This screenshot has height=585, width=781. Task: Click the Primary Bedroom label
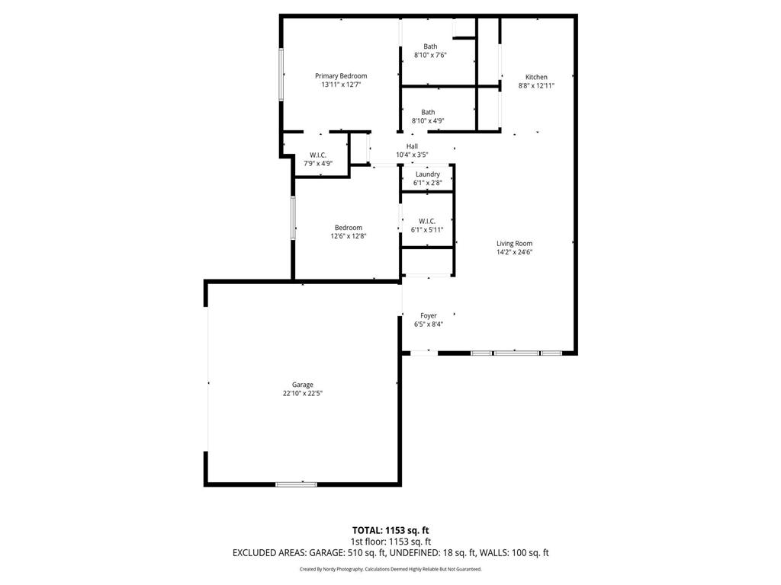(x=341, y=76)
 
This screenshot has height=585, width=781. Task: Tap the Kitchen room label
(x=536, y=77)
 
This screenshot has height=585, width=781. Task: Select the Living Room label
(x=514, y=244)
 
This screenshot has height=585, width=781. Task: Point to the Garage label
(x=303, y=385)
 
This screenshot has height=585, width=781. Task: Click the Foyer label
(x=429, y=315)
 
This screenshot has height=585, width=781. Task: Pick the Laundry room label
(x=427, y=174)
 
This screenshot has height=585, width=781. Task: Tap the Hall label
(x=412, y=146)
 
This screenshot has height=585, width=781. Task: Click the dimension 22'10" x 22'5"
(x=303, y=394)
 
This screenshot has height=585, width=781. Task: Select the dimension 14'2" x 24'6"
(x=514, y=252)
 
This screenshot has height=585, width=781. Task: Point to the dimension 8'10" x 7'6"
(x=430, y=55)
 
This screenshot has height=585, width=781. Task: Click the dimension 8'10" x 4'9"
(x=428, y=120)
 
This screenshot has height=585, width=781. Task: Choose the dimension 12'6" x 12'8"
(x=349, y=236)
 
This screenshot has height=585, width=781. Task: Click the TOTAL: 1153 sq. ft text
(x=390, y=530)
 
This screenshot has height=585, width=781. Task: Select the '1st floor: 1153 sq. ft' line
(x=390, y=542)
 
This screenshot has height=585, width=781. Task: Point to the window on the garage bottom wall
(x=297, y=484)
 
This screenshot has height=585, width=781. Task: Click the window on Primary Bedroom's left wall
(x=281, y=74)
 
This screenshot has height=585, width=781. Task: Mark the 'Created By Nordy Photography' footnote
(x=390, y=569)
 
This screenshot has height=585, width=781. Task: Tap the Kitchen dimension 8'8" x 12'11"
(x=536, y=86)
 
